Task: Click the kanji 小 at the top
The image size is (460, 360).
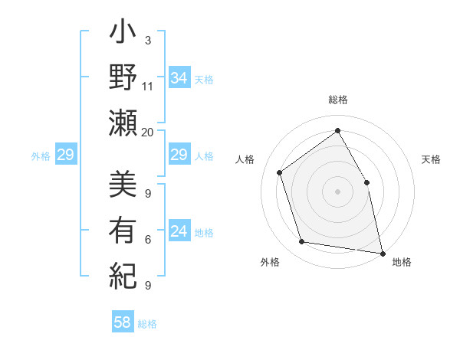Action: (x=123, y=35)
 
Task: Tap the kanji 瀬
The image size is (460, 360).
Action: (x=123, y=122)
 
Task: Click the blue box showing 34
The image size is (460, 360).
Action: (x=179, y=78)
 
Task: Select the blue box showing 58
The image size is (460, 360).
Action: (x=123, y=322)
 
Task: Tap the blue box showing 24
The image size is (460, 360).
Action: (x=179, y=232)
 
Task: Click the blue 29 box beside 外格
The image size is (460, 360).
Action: (x=65, y=155)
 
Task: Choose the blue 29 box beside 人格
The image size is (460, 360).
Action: (x=179, y=155)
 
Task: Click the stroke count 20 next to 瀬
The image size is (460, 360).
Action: (x=148, y=132)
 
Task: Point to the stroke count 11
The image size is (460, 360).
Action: (x=148, y=86)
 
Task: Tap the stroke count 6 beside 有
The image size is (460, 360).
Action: (x=148, y=240)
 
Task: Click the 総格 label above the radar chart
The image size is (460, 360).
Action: (x=337, y=100)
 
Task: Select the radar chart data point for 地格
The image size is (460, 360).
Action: (x=382, y=253)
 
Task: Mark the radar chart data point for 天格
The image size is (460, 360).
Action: (x=366, y=182)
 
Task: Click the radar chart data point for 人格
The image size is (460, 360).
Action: (x=280, y=172)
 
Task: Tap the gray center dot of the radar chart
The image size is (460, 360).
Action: (x=337, y=191)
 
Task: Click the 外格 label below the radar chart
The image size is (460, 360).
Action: (x=270, y=262)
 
